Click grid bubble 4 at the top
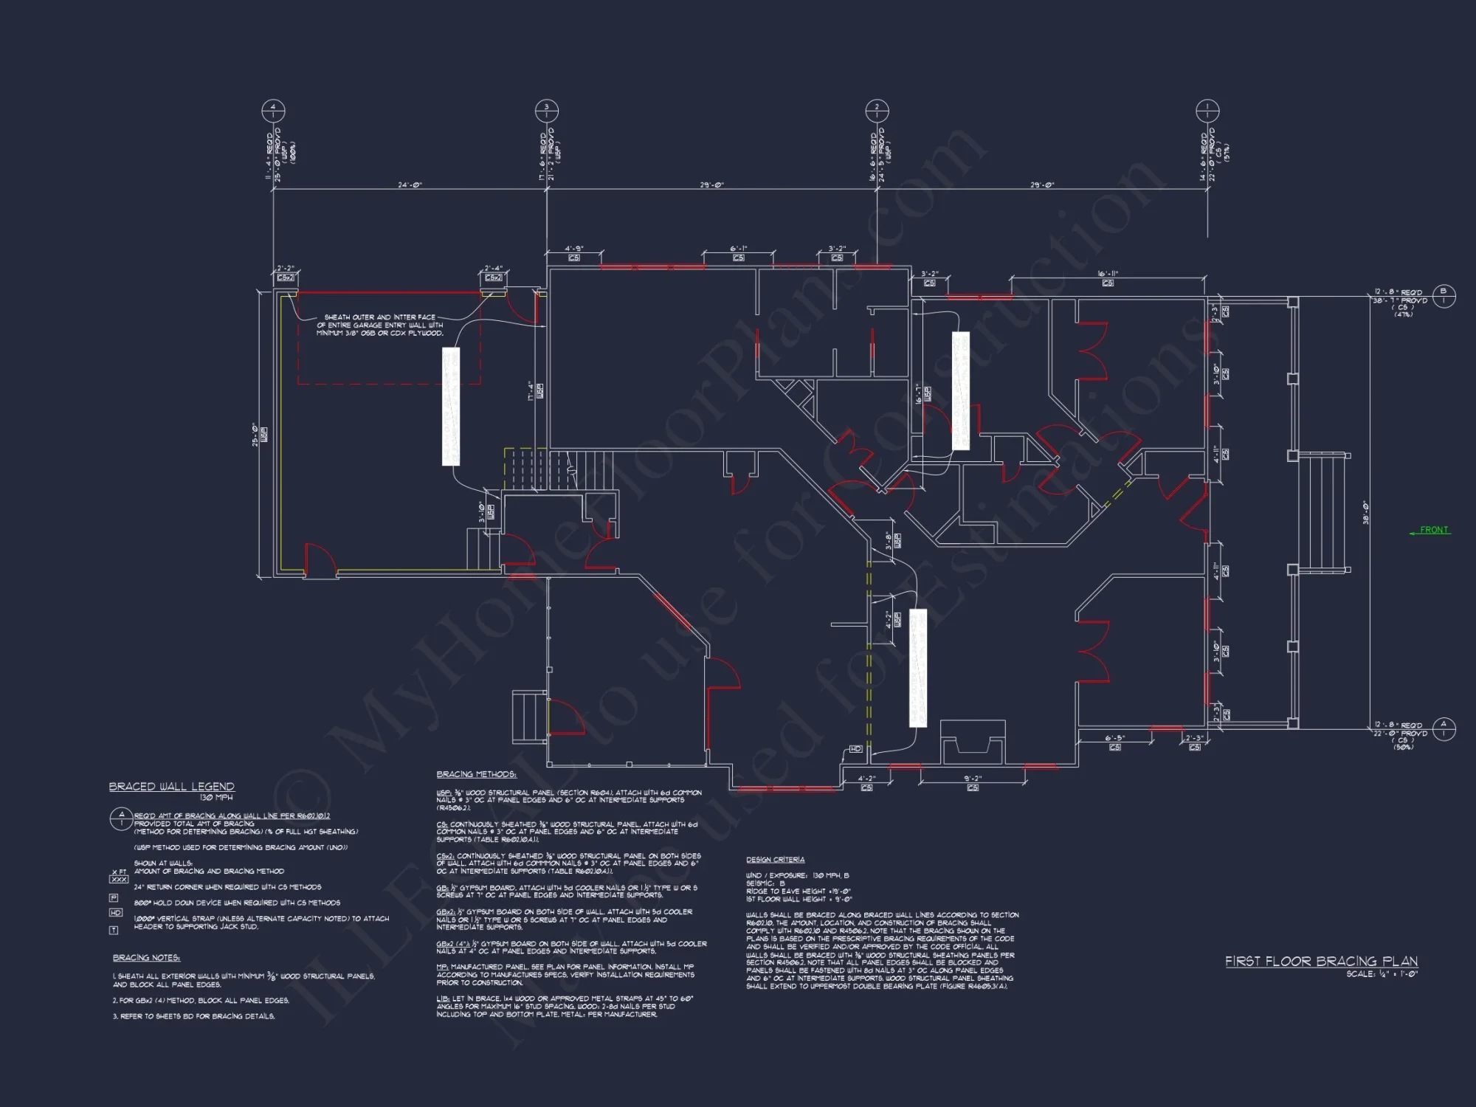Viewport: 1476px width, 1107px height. [273, 111]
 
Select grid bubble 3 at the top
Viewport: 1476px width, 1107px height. [547, 111]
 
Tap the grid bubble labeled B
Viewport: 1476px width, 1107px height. [1444, 296]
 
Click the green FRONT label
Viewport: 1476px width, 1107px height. [1434, 530]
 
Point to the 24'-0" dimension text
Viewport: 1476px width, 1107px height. [410, 185]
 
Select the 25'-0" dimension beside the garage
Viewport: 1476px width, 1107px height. [255, 435]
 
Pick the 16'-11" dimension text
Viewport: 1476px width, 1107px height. [1108, 274]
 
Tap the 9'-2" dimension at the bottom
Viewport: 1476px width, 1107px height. [973, 779]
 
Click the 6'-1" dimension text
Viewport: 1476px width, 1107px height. [739, 249]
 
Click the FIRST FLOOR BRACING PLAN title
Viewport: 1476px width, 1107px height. [1321, 961]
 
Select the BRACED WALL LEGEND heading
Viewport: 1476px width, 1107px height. [172, 787]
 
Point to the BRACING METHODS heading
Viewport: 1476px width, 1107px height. [476, 774]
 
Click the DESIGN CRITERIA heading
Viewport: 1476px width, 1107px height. [775, 860]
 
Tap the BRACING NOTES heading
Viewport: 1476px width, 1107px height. [146, 958]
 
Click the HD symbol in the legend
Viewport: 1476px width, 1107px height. [116, 913]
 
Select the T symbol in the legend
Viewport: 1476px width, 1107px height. [114, 931]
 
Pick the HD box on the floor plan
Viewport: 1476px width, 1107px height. [855, 749]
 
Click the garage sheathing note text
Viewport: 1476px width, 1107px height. [380, 325]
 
